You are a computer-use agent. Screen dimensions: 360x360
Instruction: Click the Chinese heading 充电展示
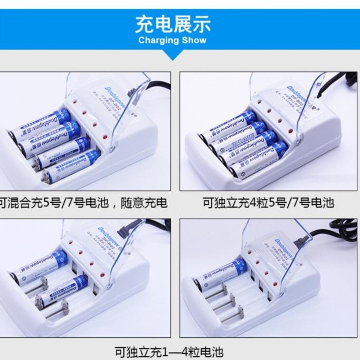click(173, 24)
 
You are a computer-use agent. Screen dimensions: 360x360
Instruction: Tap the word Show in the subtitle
click(194, 40)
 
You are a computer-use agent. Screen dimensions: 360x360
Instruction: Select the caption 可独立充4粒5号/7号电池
click(269, 203)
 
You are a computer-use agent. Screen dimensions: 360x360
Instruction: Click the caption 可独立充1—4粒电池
click(169, 352)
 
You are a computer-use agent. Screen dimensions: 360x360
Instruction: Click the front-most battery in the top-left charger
click(71, 166)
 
